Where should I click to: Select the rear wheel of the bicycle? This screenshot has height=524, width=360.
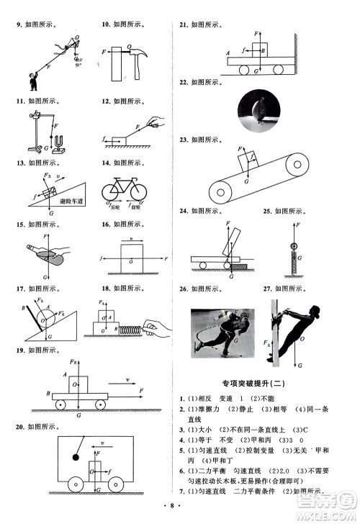tap(112, 192)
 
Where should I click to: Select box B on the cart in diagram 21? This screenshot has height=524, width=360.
tap(261, 51)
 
